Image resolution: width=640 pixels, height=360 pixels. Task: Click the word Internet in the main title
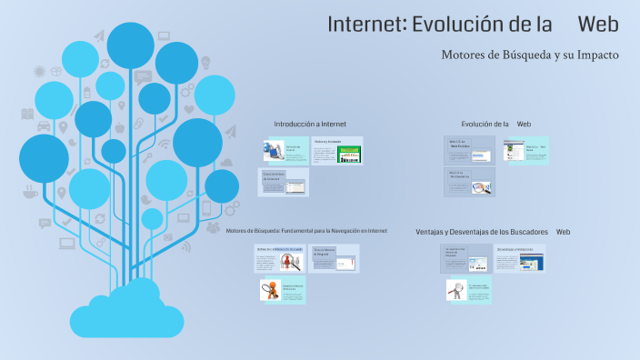(365, 25)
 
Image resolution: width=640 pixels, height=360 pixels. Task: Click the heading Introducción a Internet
(310, 124)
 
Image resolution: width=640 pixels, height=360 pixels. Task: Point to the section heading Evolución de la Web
(495, 124)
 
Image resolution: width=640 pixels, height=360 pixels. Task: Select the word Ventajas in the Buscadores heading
(435, 232)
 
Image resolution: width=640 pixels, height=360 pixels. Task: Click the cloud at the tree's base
(127, 309)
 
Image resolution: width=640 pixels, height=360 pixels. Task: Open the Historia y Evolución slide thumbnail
(336, 151)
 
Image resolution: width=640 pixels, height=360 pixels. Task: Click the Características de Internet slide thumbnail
(285, 183)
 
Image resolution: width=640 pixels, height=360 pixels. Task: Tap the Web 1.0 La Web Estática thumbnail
(469, 151)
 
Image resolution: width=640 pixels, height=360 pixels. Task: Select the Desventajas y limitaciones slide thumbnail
(521, 258)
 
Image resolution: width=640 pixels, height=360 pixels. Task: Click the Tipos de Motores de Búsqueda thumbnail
(335, 258)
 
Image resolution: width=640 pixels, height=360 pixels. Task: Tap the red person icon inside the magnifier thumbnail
(292, 261)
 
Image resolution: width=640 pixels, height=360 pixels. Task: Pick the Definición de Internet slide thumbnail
(285, 151)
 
